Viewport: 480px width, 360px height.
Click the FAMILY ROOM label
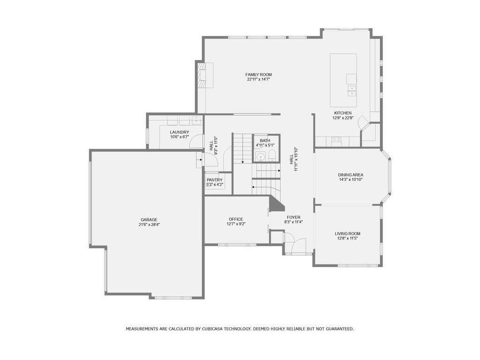(258, 75)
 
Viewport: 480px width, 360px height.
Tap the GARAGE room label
(149, 219)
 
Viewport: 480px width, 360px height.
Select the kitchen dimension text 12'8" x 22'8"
(343, 118)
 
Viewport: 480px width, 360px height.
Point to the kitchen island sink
(352, 91)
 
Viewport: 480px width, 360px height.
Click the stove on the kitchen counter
(336, 140)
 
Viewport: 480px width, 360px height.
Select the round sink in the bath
(261, 157)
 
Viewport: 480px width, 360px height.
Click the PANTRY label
(214, 180)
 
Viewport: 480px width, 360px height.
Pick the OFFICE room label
(236, 219)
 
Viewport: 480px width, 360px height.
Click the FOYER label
(293, 217)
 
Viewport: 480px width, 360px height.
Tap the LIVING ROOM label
(347, 233)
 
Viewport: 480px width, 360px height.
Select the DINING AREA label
(351, 175)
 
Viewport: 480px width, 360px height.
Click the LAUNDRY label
(180, 132)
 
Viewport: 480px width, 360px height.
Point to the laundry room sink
(196, 120)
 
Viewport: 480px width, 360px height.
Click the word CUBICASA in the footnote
(211, 329)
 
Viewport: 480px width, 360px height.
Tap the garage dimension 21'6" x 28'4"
(149, 225)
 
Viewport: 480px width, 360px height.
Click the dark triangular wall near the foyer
(276, 203)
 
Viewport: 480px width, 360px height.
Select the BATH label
(265, 141)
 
